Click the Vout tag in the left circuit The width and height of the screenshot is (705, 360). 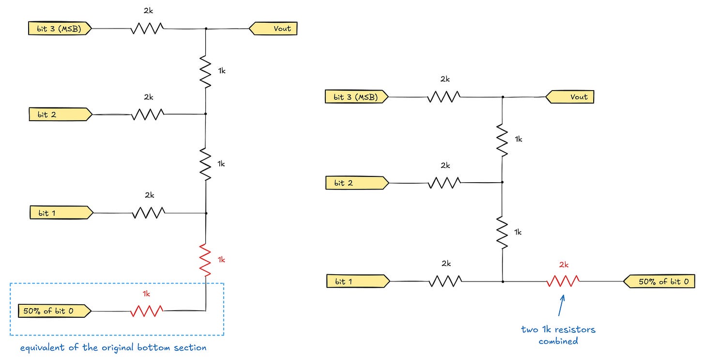(x=273, y=29)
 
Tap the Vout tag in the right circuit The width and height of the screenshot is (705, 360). (x=569, y=97)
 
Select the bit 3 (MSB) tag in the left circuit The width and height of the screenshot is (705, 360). (x=60, y=29)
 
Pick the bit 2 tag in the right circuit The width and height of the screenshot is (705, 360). (x=357, y=183)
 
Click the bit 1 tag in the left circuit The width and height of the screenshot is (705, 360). (x=61, y=213)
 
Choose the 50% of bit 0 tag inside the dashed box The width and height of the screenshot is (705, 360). (x=55, y=311)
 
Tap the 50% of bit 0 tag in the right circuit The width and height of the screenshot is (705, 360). (x=659, y=281)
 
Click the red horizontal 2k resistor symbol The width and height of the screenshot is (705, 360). (x=563, y=281)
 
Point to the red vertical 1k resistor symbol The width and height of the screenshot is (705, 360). (x=205, y=260)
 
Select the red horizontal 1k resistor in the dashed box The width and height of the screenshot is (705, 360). (x=147, y=311)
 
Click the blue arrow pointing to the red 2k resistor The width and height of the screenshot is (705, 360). (x=561, y=305)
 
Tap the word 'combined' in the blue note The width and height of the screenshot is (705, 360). (x=558, y=341)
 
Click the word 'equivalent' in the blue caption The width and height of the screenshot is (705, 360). (x=43, y=348)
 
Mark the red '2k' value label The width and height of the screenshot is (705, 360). (x=564, y=265)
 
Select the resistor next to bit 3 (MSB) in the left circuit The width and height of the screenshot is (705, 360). (x=147, y=29)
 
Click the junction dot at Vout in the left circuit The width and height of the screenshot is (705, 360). (x=206, y=29)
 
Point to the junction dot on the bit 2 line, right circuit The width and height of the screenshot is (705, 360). (x=502, y=182)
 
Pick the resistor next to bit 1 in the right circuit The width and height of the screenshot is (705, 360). (x=445, y=281)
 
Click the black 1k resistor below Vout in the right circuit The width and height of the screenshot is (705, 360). (x=502, y=140)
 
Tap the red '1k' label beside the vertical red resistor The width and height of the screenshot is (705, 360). (x=222, y=260)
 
